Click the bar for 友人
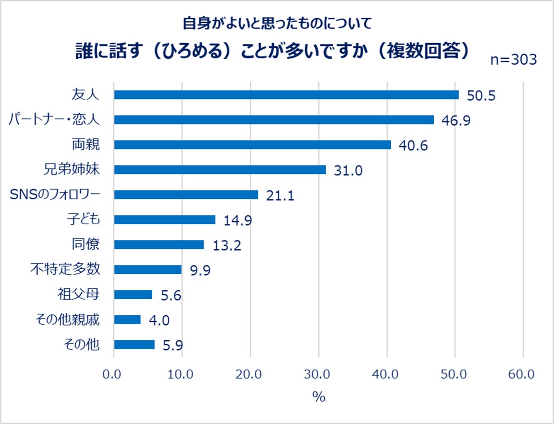pyautogui.click(x=286, y=95)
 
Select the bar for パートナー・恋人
pyautogui.click(x=274, y=120)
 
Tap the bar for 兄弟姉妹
pyautogui.click(x=220, y=170)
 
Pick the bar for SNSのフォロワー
pyautogui.click(x=186, y=195)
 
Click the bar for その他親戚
pyautogui.click(x=127, y=320)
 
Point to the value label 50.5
pyautogui.click(x=481, y=95)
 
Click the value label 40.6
pyautogui.click(x=414, y=145)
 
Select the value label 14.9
pyautogui.click(x=238, y=220)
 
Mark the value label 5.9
pyautogui.click(x=172, y=345)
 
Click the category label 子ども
pyautogui.click(x=83, y=219)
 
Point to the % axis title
pyautogui.click(x=318, y=397)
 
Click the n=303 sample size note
pyautogui.click(x=513, y=59)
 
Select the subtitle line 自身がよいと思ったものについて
pyautogui.click(x=277, y=23)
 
